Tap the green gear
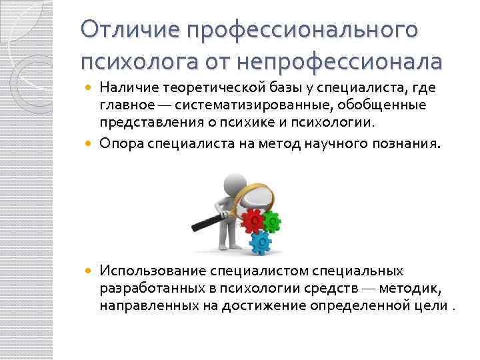tap(273, 220)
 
